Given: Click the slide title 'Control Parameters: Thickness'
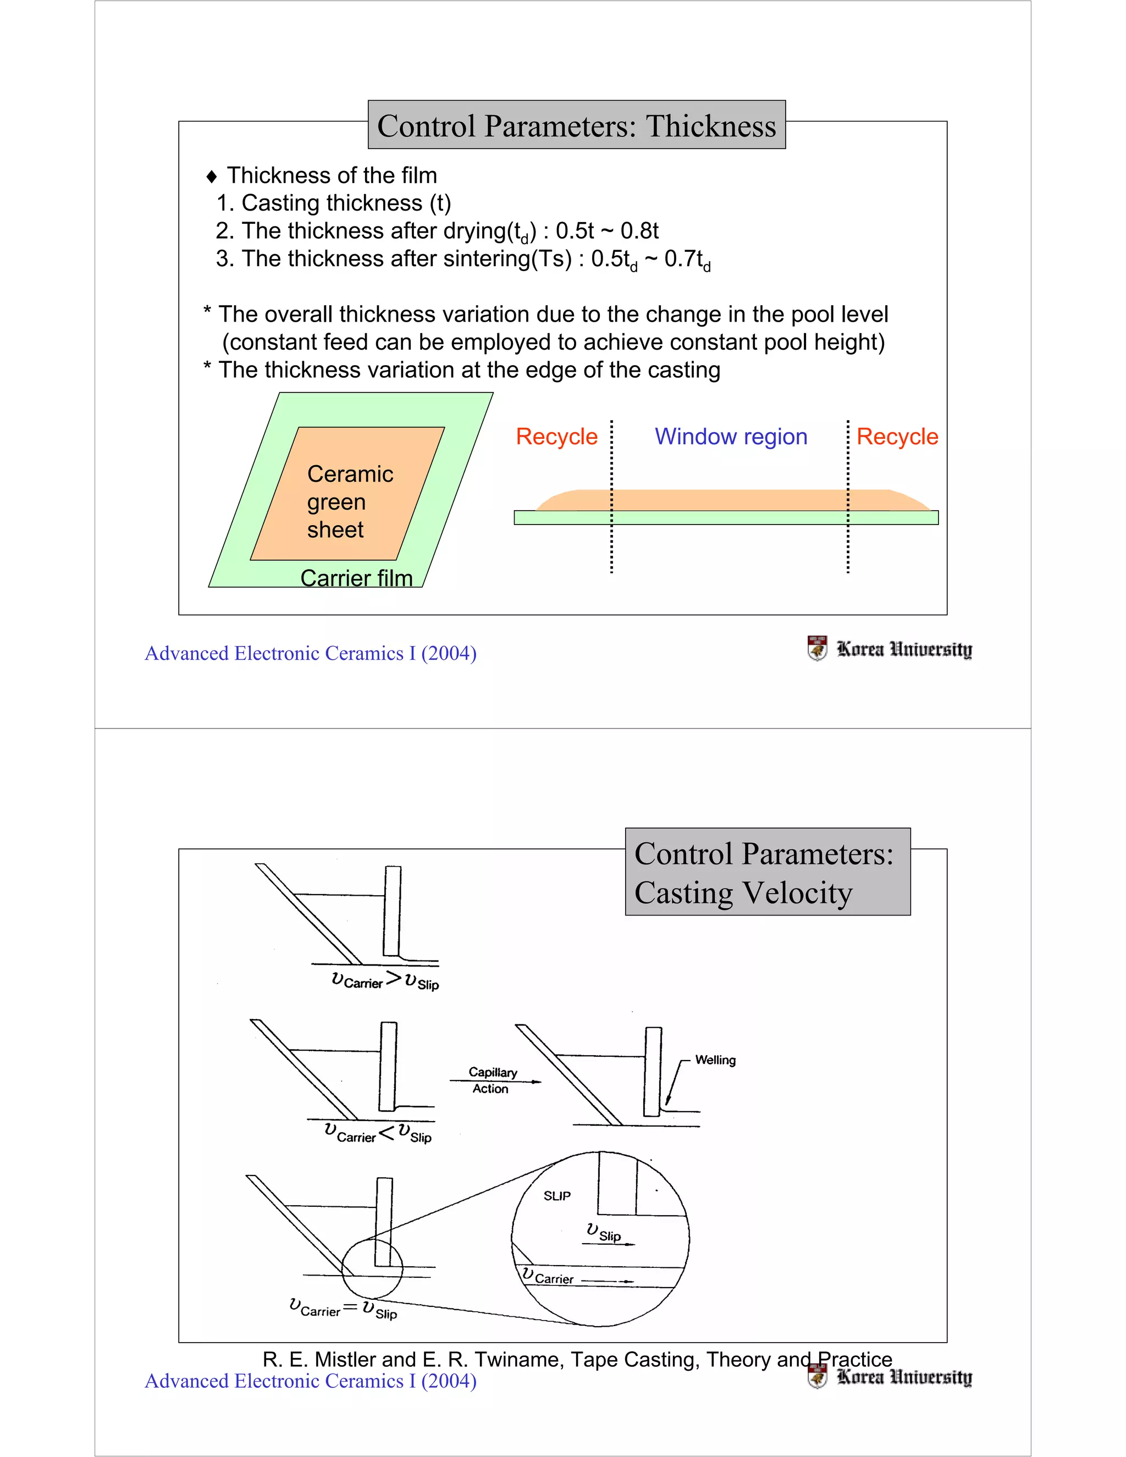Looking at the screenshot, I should click(x=576, y=125).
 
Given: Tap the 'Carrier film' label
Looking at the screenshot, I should click(x=356, y=578).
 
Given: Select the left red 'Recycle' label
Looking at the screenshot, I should click(x=556, y=437).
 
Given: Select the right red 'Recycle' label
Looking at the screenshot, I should click(x=897, y=437).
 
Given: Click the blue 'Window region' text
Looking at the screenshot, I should click(x=731, y=437).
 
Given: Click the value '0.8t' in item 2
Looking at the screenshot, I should click(x=639, y=231).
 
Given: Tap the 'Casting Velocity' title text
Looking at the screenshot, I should click(x=743, y=892).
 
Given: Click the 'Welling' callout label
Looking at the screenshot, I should click(x=715, y=1060).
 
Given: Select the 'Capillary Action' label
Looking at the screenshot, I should click(x=492, y=1080).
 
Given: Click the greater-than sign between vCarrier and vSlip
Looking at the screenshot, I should click(x=394, y=979).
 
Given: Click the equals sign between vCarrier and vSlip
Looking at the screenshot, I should click(x=350, y=1306).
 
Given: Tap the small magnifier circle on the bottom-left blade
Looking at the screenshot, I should click(x=372, y=1268).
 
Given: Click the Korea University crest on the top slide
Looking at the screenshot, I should click(x=816, y=648).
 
